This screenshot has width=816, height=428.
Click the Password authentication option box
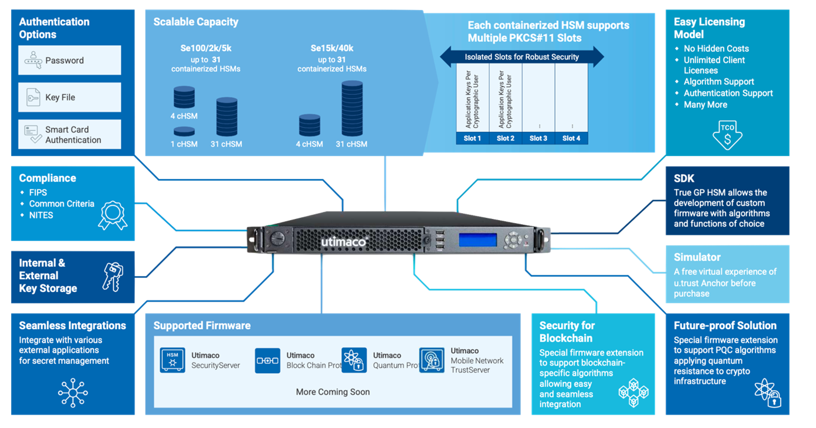[69, 60]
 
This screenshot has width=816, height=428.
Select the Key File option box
[69, 97]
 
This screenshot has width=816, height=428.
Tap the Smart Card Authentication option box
[69, 135]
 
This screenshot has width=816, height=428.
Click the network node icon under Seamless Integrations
[72, 390]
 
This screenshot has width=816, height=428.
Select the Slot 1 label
[472, 138]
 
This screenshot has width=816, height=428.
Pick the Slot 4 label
[571, 138]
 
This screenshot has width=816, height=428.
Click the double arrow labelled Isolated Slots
[522, 57]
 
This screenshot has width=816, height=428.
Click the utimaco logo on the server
[344, 242]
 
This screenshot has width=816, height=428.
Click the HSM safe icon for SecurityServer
[172, 360]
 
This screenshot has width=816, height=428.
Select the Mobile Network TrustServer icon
[432, 360]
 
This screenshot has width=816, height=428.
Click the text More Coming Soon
[333, 391]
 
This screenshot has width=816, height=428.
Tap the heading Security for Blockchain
[567, 331]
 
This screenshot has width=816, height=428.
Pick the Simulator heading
[697, 257]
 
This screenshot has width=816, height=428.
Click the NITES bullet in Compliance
[41, 215]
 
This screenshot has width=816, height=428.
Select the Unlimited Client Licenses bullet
[714, 65]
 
